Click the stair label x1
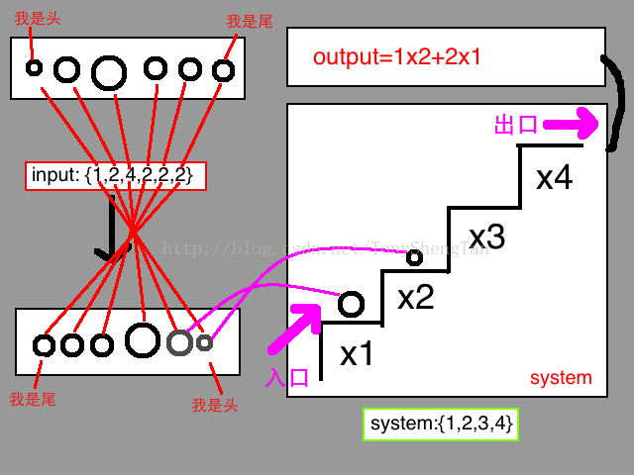click(356, 353)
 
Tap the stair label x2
click(415, 296)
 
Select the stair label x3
click(486, 237)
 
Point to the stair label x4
click(554, 178)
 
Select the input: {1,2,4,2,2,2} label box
click(116, 176)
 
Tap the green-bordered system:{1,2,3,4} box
click(440, 425)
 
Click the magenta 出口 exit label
click(515, 125)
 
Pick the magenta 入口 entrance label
click(288, 378)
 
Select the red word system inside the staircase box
click(561, 378)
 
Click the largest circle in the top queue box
click(109, 71)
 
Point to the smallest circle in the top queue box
click(34, 67)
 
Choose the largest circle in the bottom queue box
click(143, 339)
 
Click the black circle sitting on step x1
click(351, 304)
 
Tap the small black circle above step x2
click(414, 258)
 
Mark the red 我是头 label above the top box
click(29, 18)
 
